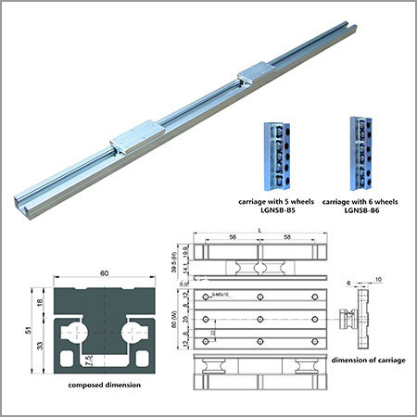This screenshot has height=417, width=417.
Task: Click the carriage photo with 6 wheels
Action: pyautogui.click(x=360, y=148)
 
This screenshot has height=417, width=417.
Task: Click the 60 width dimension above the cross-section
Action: pyautogui.click(x=103, y=274)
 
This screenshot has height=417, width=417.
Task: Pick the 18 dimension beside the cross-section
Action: pyautogui.click(x=40, y=302)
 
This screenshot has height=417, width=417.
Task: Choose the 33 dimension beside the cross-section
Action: pyautogui.click(x=40, y=345)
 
